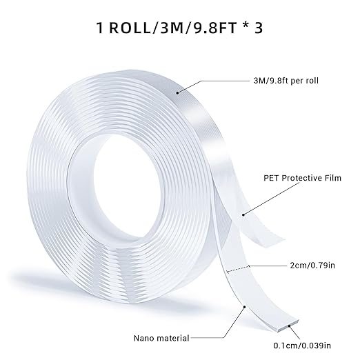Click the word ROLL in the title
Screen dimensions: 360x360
[131, 31]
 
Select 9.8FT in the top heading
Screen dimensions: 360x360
[219, 31]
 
